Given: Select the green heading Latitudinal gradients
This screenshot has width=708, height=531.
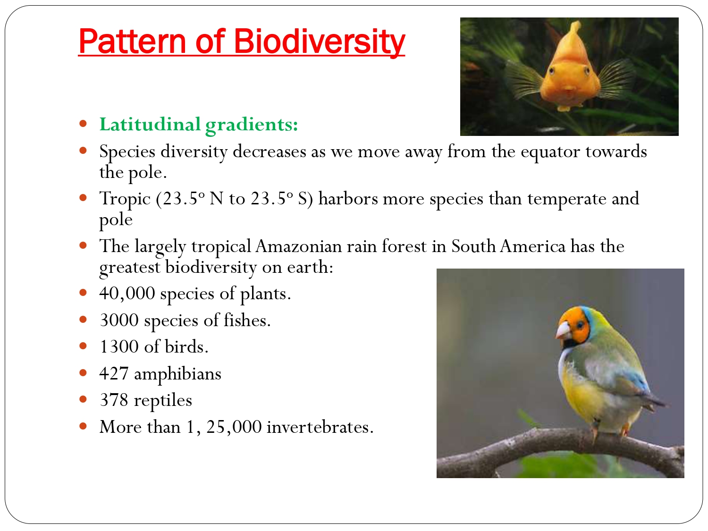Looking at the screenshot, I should pyautogui.click(x=198, y=125).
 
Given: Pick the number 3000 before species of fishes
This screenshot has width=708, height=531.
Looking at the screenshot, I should pyautogui.click(x=119, y=320).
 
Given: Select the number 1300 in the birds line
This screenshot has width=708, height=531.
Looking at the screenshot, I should pyautogui.click(x=119, y=347).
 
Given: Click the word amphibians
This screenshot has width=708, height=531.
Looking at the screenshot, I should pyautogui.click(x=177, y=374).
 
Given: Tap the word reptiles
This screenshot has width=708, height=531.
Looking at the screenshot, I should pyautogui.click(x=163, y=400).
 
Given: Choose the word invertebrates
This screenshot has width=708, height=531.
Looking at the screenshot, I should pyautogui.click(x=320, y=427).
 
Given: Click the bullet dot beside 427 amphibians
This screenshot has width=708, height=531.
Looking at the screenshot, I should pyautogui.click(x=84, y=373).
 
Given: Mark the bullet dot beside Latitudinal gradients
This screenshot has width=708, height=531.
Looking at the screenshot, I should pyautogui.click(x=84, y=124).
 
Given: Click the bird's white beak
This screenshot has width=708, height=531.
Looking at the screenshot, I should pyautogui.click(x=563, y=330).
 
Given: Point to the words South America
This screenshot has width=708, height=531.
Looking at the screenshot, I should pyautogui.click(x=508, y=246).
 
